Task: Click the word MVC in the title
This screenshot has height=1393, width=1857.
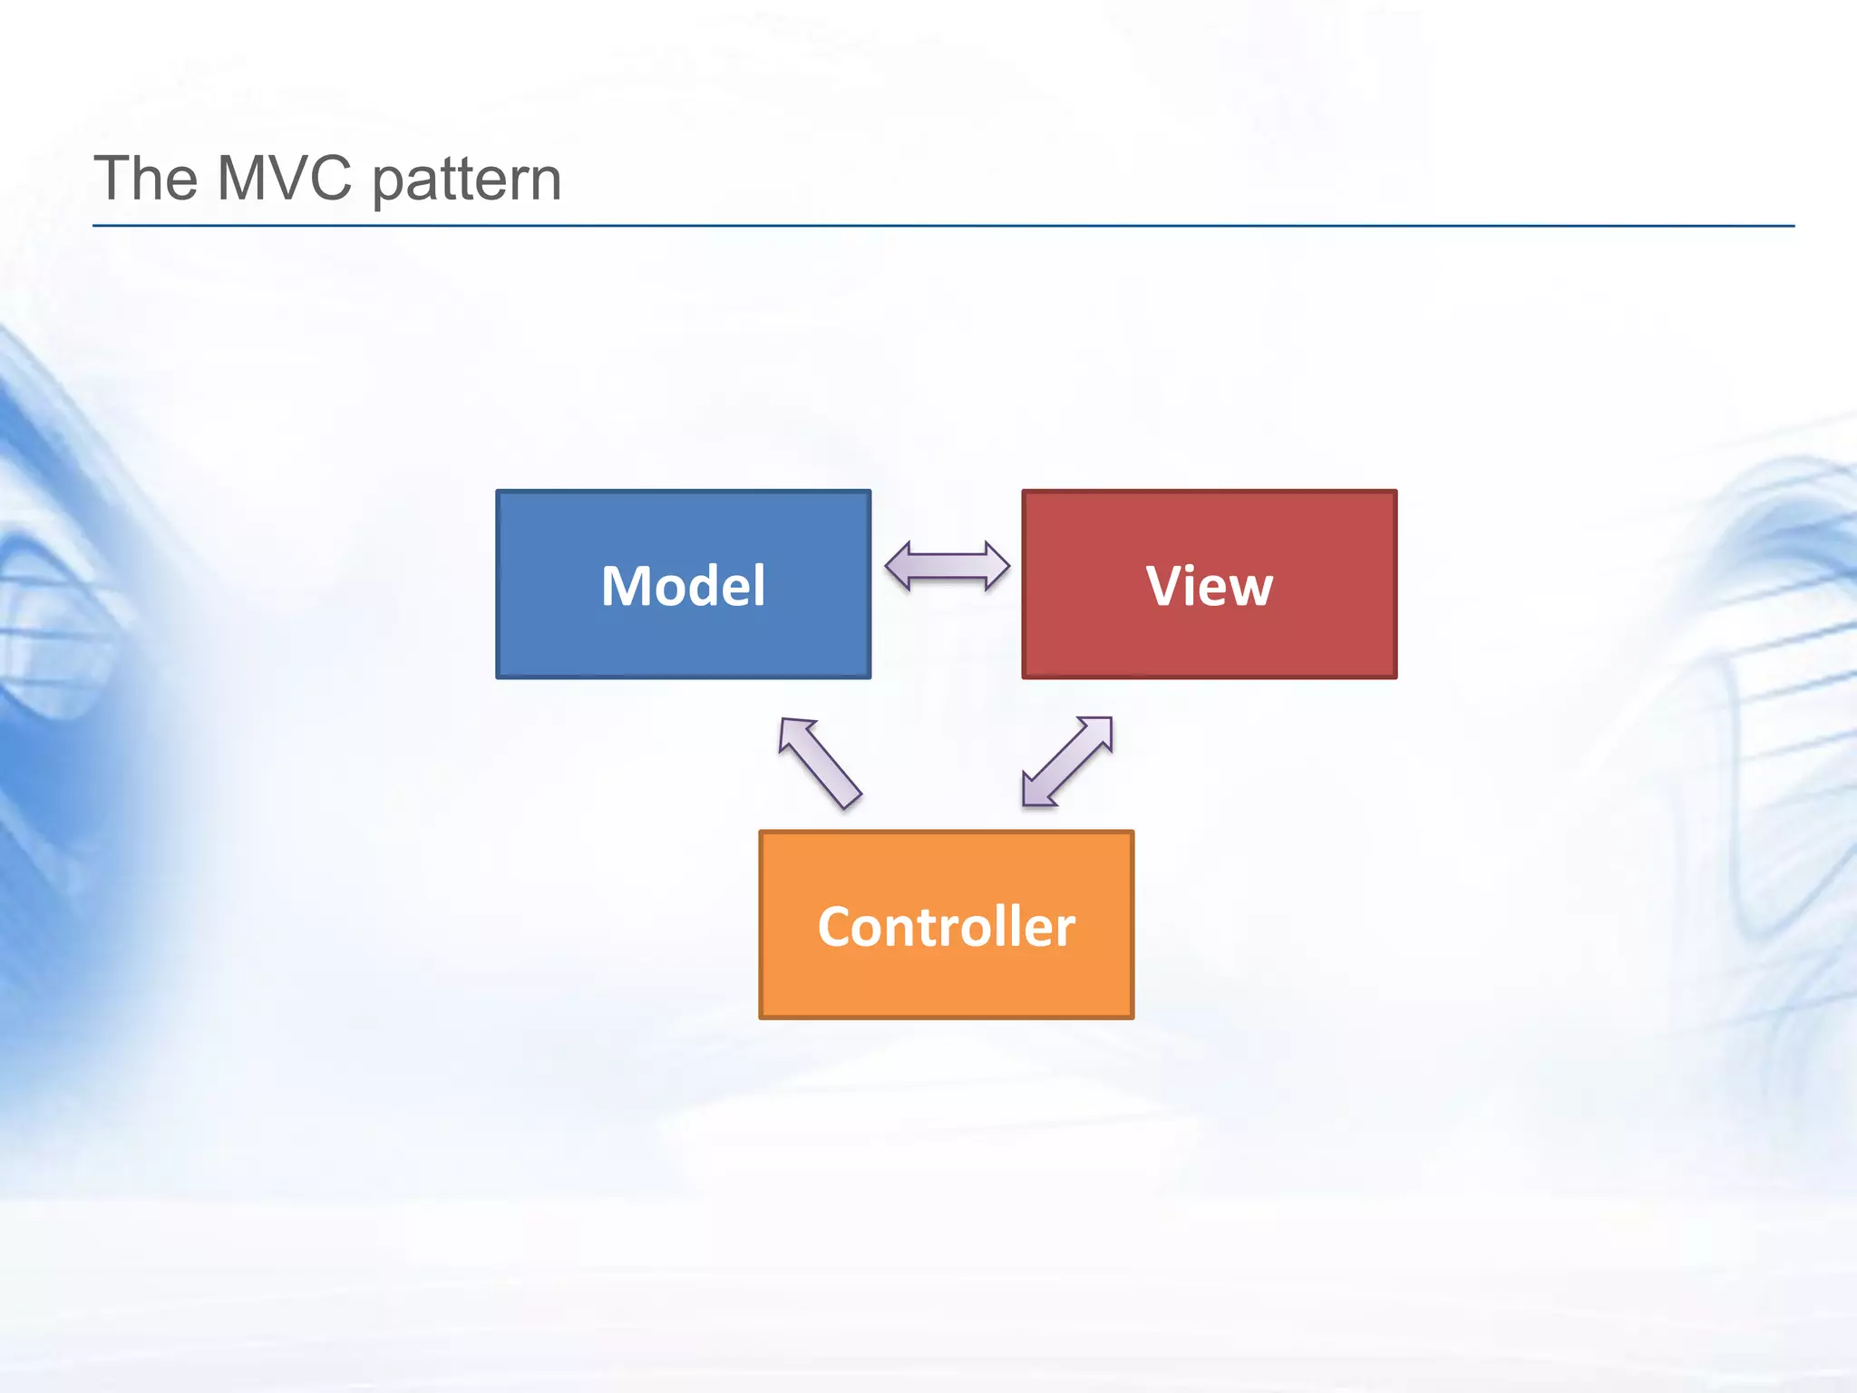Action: (284, 178)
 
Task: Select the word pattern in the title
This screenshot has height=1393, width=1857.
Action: (467, 180)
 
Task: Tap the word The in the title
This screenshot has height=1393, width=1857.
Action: (145, 178)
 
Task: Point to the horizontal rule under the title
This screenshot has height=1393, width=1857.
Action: (943, 226)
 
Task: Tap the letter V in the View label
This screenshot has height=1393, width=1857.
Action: (1165, 586)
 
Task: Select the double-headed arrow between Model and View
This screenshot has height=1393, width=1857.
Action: (947, 567)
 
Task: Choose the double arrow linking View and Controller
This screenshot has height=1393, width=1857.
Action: (1067, 762)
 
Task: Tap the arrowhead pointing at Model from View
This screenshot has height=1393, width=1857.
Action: (899, 567)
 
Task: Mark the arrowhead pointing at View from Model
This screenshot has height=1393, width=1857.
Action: (996, 567)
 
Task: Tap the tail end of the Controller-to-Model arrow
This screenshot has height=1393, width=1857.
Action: (850, 798)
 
